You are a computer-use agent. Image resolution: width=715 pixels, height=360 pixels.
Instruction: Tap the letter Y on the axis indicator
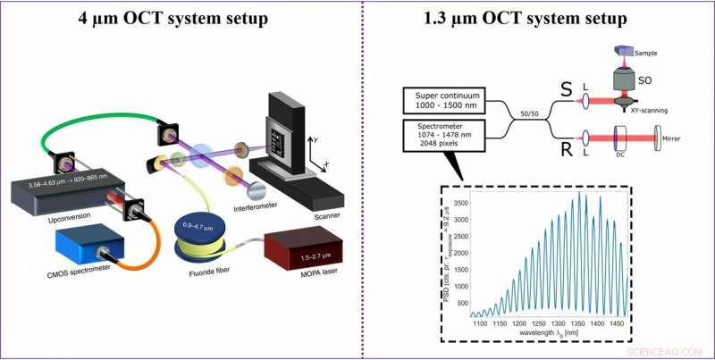click(315, 139)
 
